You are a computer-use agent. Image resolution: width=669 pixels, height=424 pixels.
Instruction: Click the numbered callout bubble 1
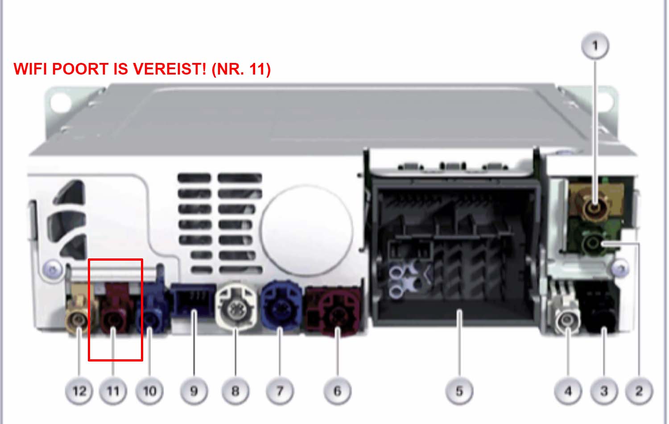click(x=595, y=46)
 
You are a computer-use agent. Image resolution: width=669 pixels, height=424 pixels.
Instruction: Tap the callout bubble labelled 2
click(x=639, y=391)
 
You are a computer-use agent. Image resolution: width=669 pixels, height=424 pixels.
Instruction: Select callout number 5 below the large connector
click(x=459, y=391)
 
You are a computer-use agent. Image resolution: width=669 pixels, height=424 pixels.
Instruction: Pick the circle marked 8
click(x=235, y=391)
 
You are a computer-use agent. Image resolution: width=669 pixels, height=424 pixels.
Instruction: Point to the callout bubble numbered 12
click(x=79, y=391)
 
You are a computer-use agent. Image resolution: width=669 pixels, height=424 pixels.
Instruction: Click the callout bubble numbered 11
click(x=113, y=391)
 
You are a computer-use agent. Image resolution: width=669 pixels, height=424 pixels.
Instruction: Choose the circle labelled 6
click(x=338, y=391)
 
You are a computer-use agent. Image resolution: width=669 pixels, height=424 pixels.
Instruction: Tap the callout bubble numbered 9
click(x=194, y=391)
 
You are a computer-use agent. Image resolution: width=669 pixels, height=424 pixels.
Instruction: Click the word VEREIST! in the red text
click(x=169, y=69)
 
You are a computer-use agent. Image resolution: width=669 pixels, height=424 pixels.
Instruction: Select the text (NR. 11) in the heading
click(x=241, y=69)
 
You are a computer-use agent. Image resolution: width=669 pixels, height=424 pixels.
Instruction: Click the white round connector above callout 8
click(x=236, y=308)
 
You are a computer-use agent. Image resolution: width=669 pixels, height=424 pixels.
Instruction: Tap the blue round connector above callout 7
click(x=280, y=305)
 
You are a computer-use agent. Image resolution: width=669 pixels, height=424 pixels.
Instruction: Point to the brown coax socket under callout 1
click(x=595, y=206)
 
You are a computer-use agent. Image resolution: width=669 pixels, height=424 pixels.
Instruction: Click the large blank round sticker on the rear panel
click(x=306, y=230)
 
